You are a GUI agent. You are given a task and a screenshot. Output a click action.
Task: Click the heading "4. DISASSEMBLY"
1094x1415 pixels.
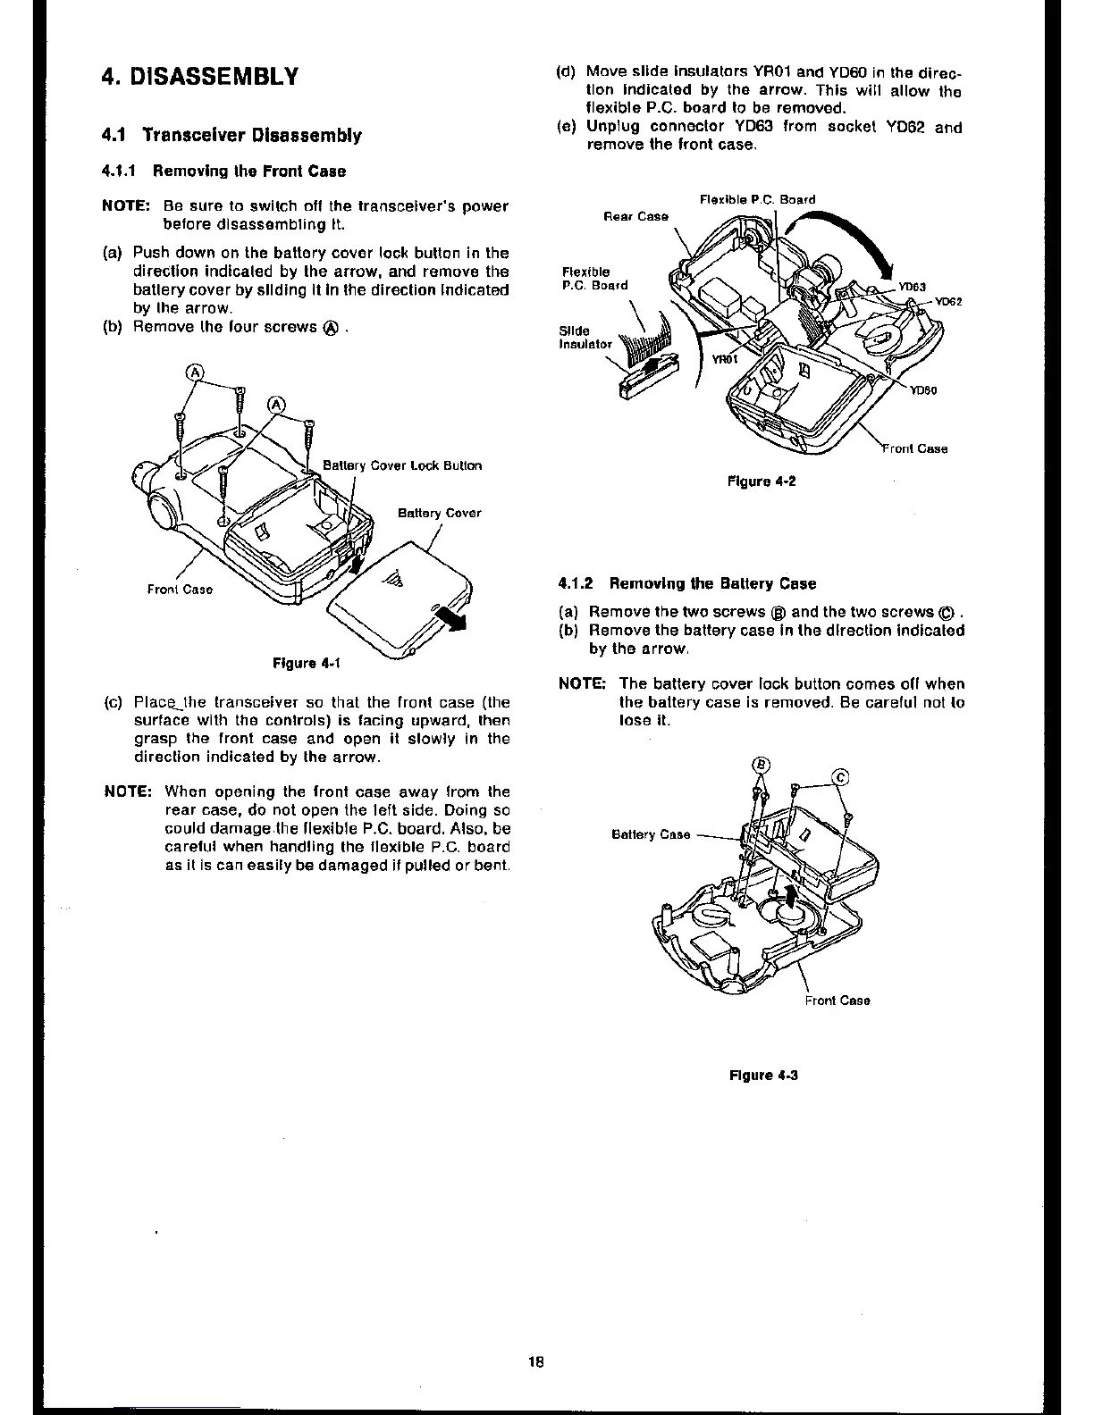pos(198,75)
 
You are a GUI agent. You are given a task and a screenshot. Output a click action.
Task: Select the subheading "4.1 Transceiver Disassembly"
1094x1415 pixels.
pos(231,136)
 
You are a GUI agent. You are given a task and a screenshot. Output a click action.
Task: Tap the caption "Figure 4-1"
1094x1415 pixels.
pos(307,663)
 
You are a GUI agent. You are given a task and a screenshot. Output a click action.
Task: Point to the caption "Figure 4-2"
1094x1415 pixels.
pos(762,481)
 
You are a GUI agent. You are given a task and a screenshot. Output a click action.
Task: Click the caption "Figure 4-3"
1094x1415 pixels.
pos(763,1075)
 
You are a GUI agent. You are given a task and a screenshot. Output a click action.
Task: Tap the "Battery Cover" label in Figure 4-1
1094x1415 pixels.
pos(439,513)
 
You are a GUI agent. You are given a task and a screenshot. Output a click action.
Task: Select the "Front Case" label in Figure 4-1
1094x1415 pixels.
pos(180,590)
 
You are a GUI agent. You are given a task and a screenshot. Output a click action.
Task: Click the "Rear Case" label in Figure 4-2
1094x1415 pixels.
pos(635,216)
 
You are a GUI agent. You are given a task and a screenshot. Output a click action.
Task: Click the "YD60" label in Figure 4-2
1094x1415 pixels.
pos(922,389)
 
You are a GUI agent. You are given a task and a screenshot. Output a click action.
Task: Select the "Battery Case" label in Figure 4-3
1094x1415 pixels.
pos(651,834)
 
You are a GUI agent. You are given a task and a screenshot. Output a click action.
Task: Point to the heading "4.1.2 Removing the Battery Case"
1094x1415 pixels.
pos(686,583)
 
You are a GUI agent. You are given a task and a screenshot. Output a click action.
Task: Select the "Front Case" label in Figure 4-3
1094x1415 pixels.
pos(837,1000)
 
